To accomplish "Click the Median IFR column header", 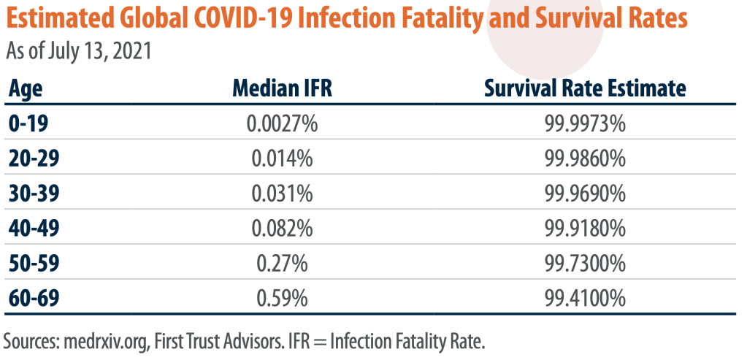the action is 282,88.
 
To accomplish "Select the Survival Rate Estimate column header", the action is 585,88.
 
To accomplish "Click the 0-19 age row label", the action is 28,124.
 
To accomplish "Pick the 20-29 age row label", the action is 34,158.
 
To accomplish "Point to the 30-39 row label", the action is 34,194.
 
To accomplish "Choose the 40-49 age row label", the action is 34,229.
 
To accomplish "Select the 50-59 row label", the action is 34,264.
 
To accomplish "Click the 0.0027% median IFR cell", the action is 282,124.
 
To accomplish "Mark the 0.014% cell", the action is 282,159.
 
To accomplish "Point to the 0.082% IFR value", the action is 282,229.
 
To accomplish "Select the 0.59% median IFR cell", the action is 282,299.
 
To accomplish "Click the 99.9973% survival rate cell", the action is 585,124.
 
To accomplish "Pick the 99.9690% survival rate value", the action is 585,194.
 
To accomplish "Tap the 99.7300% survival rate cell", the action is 585,264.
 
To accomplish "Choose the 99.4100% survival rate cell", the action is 585,299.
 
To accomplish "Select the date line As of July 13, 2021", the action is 79,51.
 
